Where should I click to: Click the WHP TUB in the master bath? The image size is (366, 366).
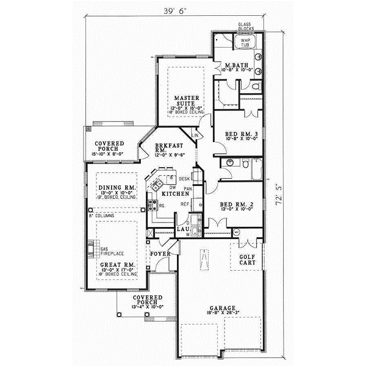(245, 43)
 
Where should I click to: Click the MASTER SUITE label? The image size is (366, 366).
(184, 101)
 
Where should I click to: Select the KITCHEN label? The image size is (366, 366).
(171, 193)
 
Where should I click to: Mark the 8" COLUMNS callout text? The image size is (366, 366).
(101, 217)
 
